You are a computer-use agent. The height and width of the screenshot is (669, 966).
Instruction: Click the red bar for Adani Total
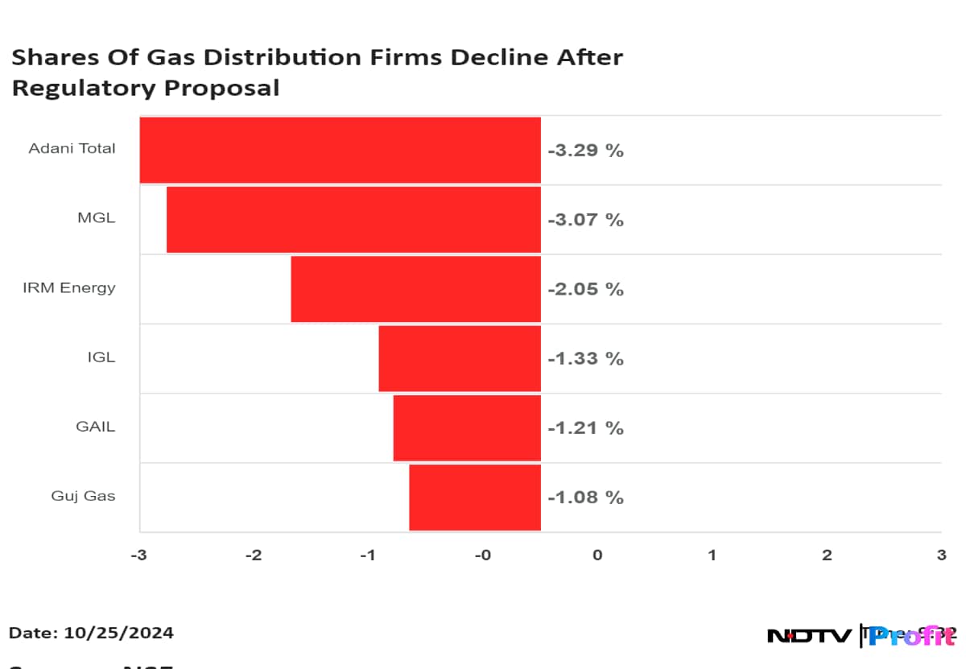(340, 150)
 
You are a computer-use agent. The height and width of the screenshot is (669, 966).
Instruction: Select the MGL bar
(353, 219)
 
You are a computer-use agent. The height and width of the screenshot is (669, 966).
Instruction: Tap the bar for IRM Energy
(415, 288)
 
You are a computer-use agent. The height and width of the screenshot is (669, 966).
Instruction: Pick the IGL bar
(459, 358)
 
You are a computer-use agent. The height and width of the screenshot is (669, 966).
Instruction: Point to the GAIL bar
(466, 427)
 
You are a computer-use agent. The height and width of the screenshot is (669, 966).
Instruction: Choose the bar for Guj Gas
(474, 497)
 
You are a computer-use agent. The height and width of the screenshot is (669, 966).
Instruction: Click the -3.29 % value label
(585, 150)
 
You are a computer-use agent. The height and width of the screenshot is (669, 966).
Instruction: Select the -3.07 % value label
(585, 219)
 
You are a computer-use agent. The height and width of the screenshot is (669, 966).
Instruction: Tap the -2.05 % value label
(585, 289)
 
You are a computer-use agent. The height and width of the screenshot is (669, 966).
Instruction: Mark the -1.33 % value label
(585, 358)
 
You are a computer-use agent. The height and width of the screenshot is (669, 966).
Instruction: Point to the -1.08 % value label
(585, 497)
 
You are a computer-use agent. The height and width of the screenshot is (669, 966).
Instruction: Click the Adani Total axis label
(72, 149)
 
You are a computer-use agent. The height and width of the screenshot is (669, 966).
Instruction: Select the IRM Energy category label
(68, 288)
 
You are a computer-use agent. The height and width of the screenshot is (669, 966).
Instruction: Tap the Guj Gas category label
(83, 497)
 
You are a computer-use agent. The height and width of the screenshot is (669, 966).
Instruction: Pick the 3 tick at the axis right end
(941, 555)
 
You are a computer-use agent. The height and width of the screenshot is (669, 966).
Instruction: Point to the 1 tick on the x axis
(712, 555)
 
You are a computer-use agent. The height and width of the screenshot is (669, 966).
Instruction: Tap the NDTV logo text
(809, 636)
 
